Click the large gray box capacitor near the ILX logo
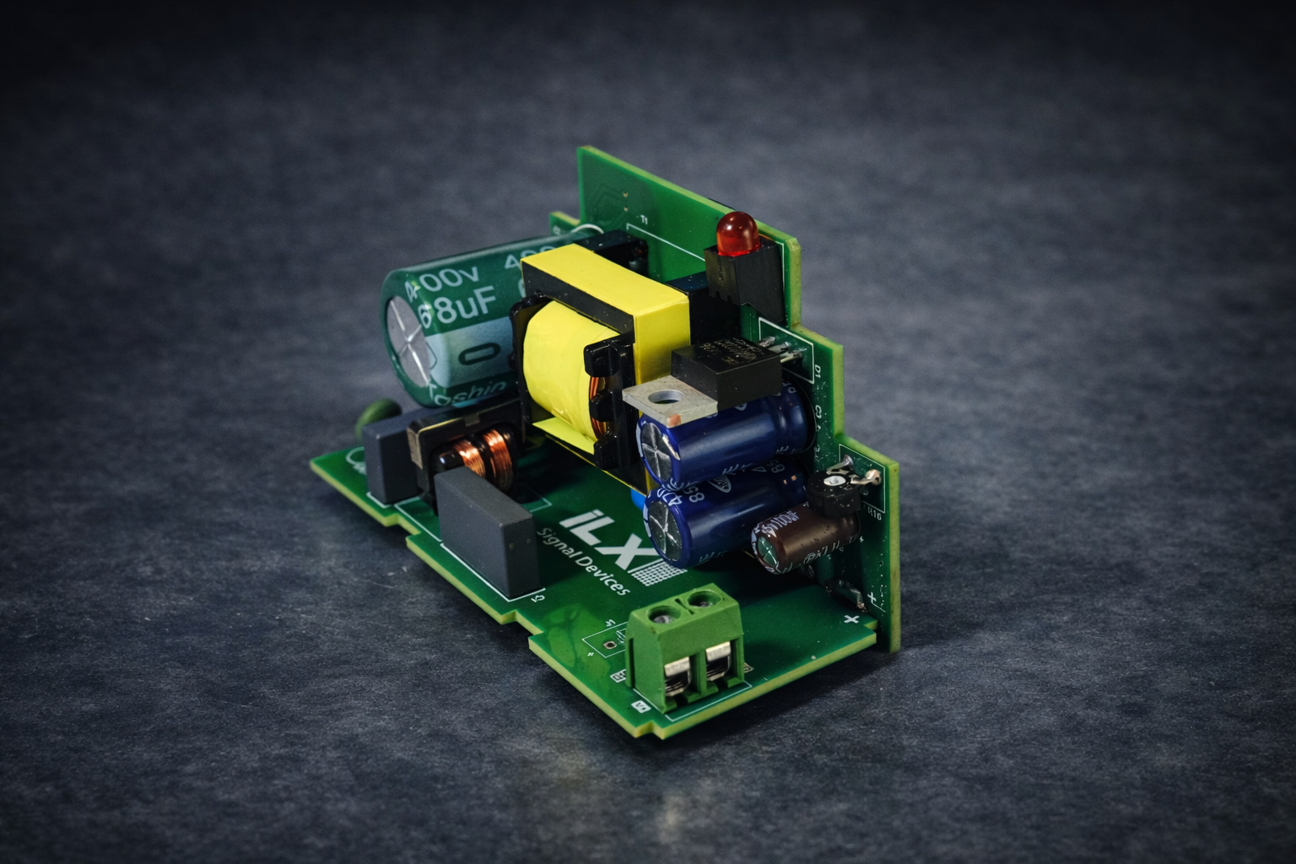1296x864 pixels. [489, 532]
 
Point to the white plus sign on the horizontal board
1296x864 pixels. [850, 621]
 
